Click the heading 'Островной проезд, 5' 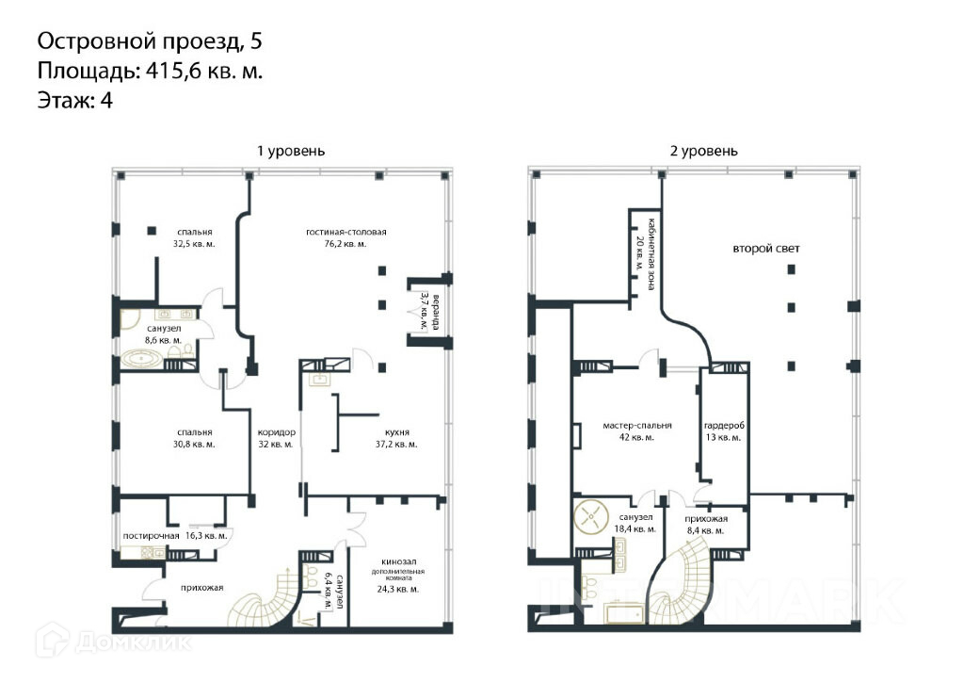click(150, 41)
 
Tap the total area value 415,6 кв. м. click(204, 72)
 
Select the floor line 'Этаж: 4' click(75, 100)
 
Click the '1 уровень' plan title click(291, 152)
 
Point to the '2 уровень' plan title click(703, 152)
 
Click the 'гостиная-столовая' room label click(346, 232)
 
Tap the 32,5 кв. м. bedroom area click(194, 244)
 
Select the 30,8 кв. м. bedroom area click(194, 444)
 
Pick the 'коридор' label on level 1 click(276, 432)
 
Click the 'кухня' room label click(396, 432)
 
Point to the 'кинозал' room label click(398, 561)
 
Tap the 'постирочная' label click(151, 536)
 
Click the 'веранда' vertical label click(436, 313)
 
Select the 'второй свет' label click(766, 249)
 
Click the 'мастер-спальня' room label click(637, 426)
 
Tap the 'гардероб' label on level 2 click(724, 426)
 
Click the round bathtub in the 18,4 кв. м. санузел click(591, 515)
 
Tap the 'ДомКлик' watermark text click(133, 643)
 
